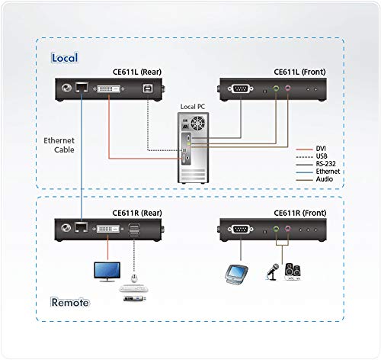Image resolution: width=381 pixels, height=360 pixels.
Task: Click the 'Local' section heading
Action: (x=64, y=58)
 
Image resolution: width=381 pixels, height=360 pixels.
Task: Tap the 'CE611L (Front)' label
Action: (x=299, y=72)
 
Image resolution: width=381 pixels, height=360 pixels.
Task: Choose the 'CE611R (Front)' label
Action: (x=299, y=214)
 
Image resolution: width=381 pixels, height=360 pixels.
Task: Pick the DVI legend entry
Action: (x=320, y=149)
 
